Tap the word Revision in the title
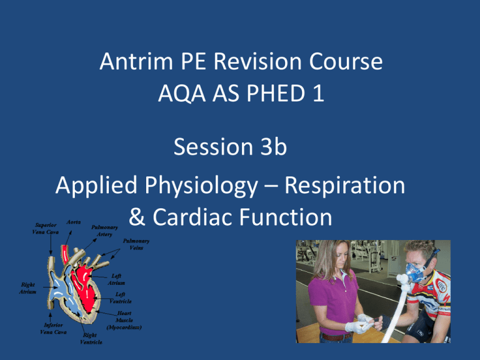pyautogui.click(x=259, y=61)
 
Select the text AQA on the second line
pyautogui.click(x=182, y=93)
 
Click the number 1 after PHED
pyautogui.click(x=318, y=93)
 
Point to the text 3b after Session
pyautogui.click(x=273, y=147)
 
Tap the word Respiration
pyautogui.click(x=345, y=186)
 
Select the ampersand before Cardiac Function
pyautogui.click(x=137, y=217)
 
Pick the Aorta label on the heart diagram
pyautogui.click(x=74, y=222)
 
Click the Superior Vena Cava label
pyautogui.click(x=45, y=228)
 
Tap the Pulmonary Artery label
pyautogui.click(x=104, y=231)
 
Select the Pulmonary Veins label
pyautogui.click(x=136, y=244)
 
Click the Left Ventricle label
pyautogui.click(x=120, y=297)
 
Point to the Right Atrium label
pyautogui.click(x=27, y=288)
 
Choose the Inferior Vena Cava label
pyautogui.click(x=53, y=328)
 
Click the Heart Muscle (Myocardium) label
pyautogui.click(x=124, y=320)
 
